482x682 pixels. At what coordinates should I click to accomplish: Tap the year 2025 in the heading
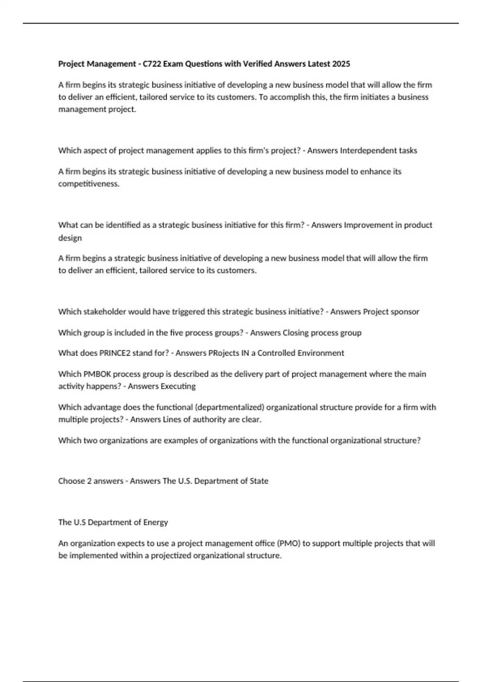coord(341,64)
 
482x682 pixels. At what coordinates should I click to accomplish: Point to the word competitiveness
coord(89,184)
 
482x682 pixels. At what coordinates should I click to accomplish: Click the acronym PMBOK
coord(97,374)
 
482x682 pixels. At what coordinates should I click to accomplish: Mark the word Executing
coord(178,386)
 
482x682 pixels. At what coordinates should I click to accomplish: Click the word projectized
coord(171,556)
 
